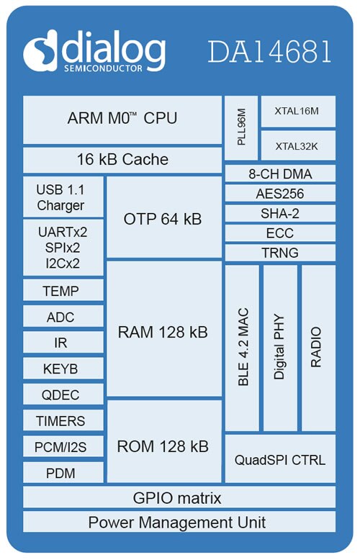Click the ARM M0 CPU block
[x=122, y=120]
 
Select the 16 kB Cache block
[x=122, y=160]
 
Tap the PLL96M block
[x=241, y=128]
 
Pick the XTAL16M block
[x=298, y=112]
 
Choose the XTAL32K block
[x=298, y=145]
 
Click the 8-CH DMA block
[x=280, y=173]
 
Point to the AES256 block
[x=280, y=193]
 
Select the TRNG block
[x=280, y=253]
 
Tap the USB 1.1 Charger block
[x=63, y=197]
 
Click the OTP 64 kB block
[x=164, y=217]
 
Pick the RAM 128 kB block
[x=164, y=328]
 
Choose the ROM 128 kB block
[x=164, y=441]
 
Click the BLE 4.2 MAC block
[x=242, y=348]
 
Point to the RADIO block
[x=318, y=348]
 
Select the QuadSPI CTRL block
[x=280, y=459]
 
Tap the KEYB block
[x=63, y=369]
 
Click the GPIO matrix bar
[x=179, y=497]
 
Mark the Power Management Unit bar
[x=179, y=522]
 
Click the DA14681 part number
[x=270, y=52]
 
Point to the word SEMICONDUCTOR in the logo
[x=103, y=68]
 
